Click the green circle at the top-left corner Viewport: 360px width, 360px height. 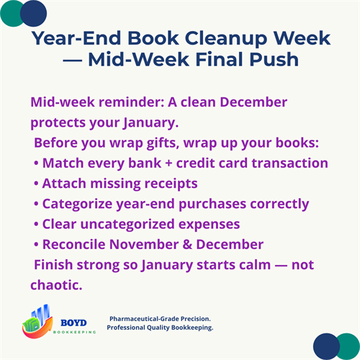click(x=15, y=12)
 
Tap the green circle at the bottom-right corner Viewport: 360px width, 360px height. click(x=346, y=346)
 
